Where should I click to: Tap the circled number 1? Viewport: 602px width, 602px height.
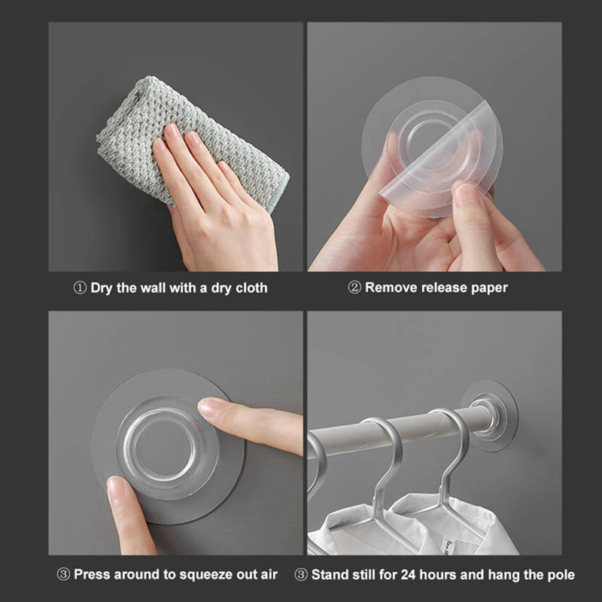[x=80, y=287]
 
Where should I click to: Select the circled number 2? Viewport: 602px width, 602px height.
[x=354, y=287]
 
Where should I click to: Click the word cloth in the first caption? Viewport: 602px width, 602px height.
[x=251, y=287]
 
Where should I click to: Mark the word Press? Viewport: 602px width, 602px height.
[x=91, y=574]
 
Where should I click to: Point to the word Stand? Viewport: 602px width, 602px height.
[x=329, y=575]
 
